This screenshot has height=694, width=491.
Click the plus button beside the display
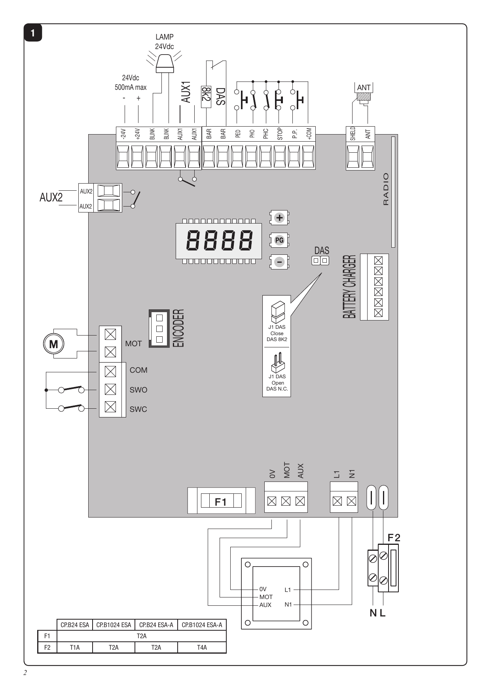(279, 218)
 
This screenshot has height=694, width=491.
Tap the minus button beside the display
(279, 262)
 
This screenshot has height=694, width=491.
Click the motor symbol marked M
(53, 344)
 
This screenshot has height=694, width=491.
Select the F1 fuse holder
(221, 501)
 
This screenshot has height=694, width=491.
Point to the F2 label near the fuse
(394, 538)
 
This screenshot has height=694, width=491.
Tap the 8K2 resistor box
(206, 97)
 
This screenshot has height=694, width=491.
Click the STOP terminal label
(280, 134)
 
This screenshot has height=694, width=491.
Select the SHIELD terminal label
(353, 133)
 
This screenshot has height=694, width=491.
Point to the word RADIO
(386, 189)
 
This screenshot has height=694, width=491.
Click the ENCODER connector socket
(159, 328)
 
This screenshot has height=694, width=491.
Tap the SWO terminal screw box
(110, 389)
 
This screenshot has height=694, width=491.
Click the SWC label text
(138, 409)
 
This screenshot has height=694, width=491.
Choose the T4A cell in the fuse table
(202, 647)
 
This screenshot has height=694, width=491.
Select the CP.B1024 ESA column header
(114, 625)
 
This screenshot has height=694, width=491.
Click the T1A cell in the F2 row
(75, 647)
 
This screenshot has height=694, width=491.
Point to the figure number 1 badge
(33, 33)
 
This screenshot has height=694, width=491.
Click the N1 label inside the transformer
(288, 605)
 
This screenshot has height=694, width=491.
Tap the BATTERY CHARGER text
(350, 287)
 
